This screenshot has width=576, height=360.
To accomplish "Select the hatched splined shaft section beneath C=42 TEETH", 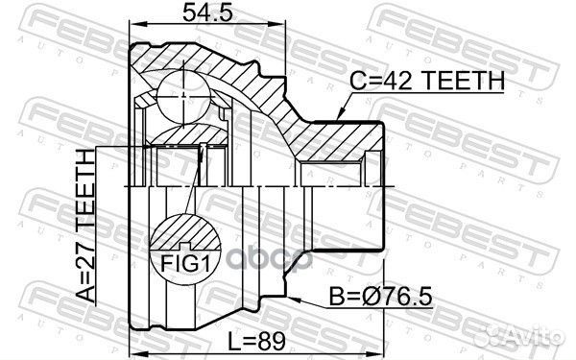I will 336,144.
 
